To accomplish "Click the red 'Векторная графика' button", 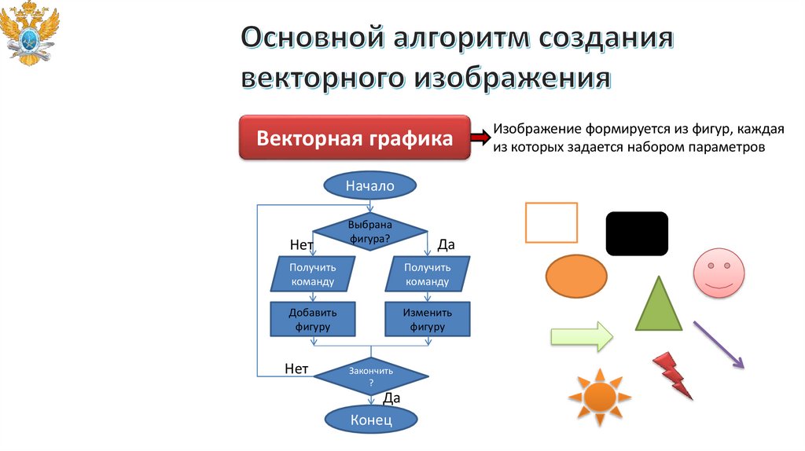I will click(x=355, y=139).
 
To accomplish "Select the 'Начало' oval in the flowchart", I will click(x=369, y=186).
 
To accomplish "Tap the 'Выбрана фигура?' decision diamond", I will click(x=369, y=230).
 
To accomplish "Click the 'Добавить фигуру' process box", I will click(x=313, y=319).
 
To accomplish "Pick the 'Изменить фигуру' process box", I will click(x=427, y=319).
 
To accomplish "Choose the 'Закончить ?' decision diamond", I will click(x=370, y=376).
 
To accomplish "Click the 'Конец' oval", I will click(x=370, y=420).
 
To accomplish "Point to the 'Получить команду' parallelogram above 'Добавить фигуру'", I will click(x=313, y=274).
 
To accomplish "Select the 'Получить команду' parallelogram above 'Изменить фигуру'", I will click(x=427, y=274).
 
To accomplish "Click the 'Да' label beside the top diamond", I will click(x=446, y=245).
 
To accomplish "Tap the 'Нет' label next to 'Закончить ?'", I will click(x=296, y=368).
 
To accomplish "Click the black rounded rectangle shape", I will click(x=637, y=233).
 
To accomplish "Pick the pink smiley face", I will click(x=718, y=272).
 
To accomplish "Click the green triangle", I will click(x=658, y=305).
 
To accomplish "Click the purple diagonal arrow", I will click(x=718, y=344).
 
